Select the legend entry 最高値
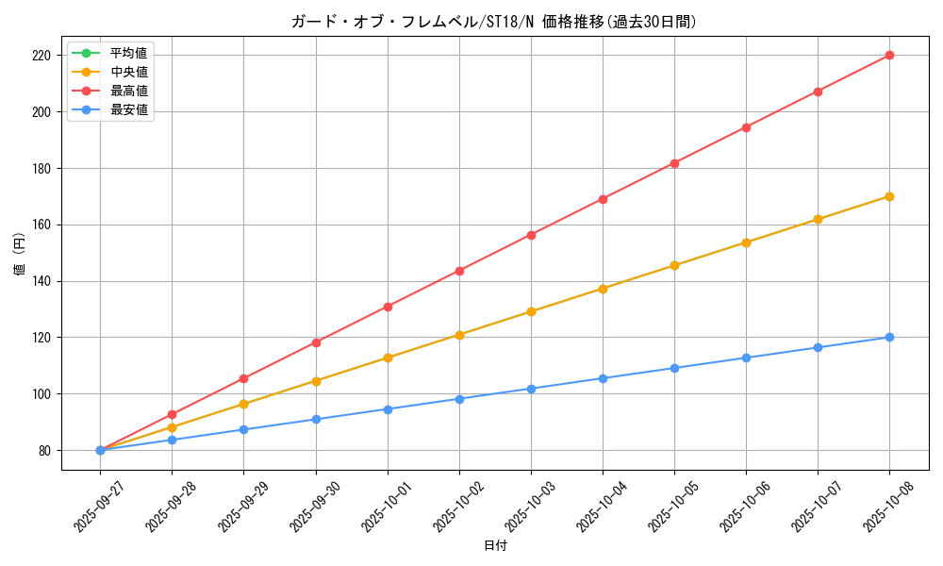tap(129, 91)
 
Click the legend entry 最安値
tap(129, 109)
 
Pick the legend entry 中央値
tap(129, 72)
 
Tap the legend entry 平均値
tap(129, 52)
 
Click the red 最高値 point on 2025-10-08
tap(889, 55)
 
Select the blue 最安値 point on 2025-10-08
tap(889, 337)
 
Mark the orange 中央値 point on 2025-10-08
tap(889, 196)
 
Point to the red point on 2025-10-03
tap(531, 235)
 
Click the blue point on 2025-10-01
tap(388, 409)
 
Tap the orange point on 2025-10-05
tap(674, 265)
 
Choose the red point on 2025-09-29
tap(243, 378)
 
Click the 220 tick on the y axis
tap(41, 56)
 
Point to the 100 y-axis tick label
tap(41, 394)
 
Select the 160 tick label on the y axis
tap(41, 225)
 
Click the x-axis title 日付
tap(495, 546)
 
